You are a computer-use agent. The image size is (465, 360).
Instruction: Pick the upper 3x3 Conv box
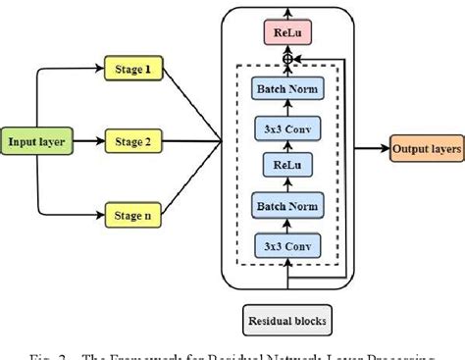pos(286,129)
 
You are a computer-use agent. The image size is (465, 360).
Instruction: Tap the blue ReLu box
pos(286,166)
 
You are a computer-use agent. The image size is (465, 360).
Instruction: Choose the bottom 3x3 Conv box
pos(286,245)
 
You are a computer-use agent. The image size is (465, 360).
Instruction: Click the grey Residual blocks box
pos(286,319)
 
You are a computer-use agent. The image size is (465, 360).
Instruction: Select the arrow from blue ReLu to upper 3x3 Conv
pos(286,147)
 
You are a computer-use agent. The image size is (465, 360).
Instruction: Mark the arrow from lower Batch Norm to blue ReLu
pos(286,185)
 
